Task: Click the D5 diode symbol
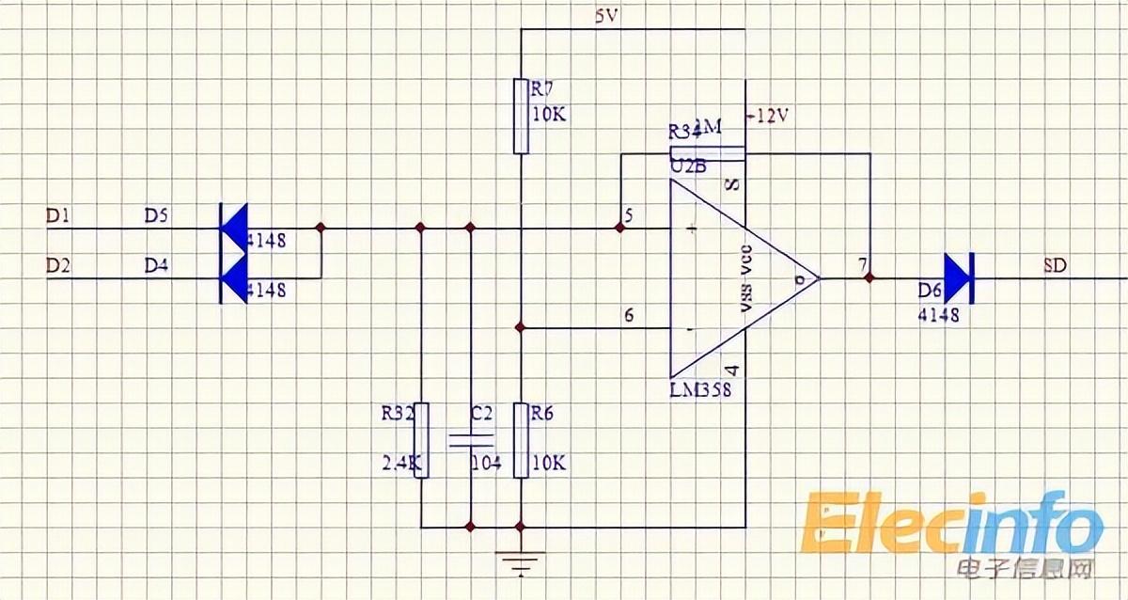pyautogui.click(x=230, y=228)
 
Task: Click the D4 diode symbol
pyautogui.click(x=230, y=278)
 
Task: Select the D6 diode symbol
pyautogui.click(x=956, y=278)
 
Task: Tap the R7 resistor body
pyautogui.click(x=521, y=116)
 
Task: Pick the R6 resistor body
pyautogui.click(x=521, y=439)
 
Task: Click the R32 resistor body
pyautogui.click(x=421, y=439)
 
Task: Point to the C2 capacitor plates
pyautogui.click(x=470, y=439)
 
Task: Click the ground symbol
pyautogui.click(x=521, y=563)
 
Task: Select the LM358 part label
pyautogui.click(x=700, y=389)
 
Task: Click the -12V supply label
pyautogui.click(x=768, y=115)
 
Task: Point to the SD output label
pyautogui.click(x=1055, y=265)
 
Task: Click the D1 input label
pyautogui.click(x=58, y=216)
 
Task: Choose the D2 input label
pyautogui.click(x=58, y=266)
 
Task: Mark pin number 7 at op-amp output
pyautogui.click(x=862, y=265)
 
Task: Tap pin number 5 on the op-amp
pyautogui.click(x=629, y=215)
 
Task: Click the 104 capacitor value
pyautogui.click(x=487, y=464)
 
